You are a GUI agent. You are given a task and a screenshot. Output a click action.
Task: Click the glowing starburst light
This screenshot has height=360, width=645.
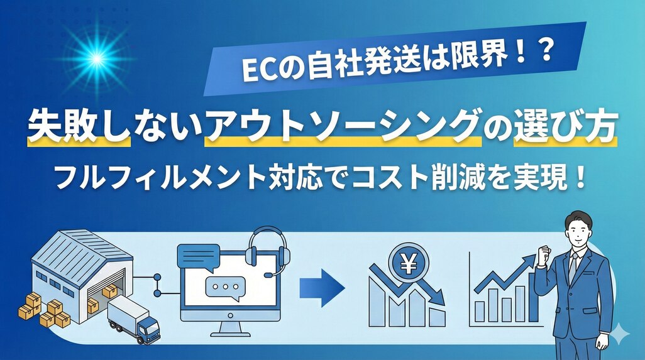coord(97,59)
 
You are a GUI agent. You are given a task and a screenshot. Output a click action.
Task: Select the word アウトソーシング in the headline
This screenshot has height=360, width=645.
coord(343,126)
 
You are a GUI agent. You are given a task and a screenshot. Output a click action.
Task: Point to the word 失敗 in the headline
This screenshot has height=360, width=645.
coord(53,126)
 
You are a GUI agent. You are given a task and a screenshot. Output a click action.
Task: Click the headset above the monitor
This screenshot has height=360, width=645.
coord(266,251)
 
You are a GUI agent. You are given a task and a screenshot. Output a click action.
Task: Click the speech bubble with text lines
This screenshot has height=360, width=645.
coord(198,257)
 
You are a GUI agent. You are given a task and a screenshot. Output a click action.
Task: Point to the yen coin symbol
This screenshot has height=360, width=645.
coord(408,263)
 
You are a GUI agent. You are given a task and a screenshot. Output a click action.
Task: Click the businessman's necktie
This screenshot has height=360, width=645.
coord(573,267)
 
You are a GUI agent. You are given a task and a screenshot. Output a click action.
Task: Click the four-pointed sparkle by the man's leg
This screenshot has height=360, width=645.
coord(619,335)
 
